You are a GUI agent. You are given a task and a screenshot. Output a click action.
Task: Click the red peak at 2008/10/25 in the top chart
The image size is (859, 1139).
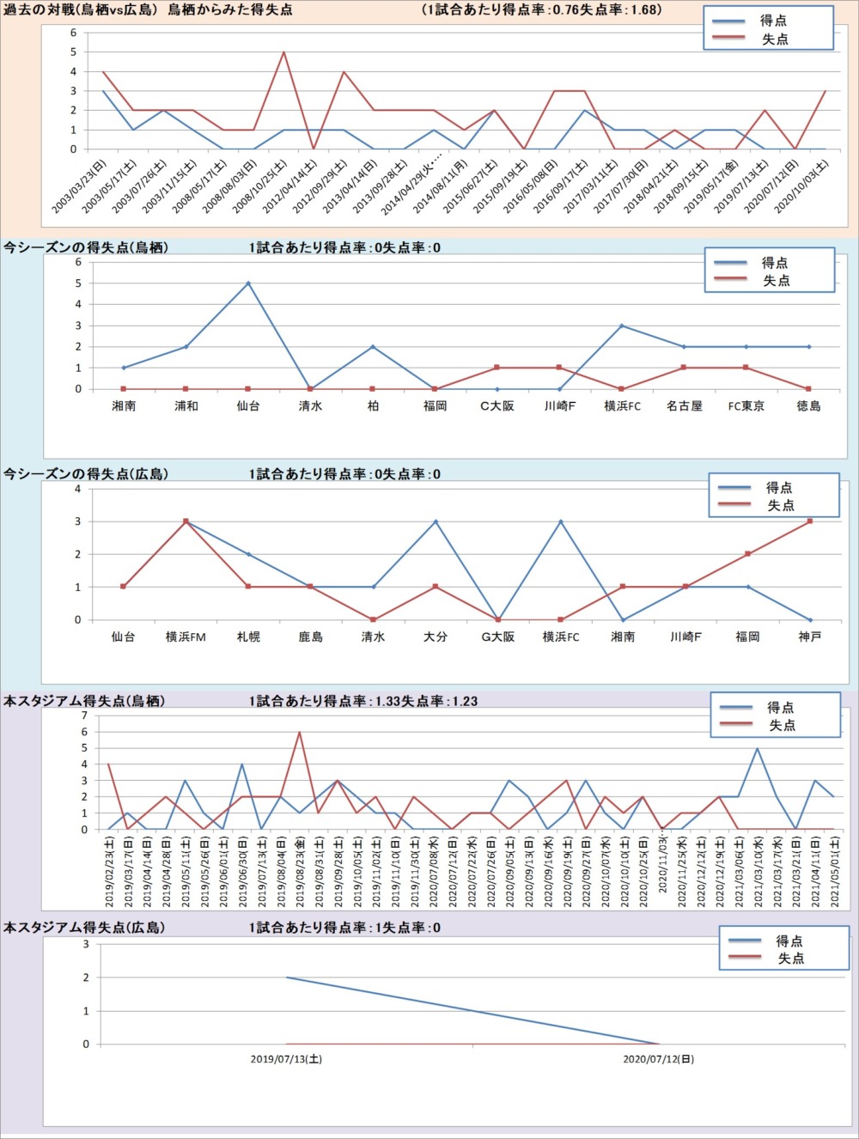[283, 52]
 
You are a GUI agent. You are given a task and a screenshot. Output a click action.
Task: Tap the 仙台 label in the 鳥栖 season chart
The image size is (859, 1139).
[248, 406]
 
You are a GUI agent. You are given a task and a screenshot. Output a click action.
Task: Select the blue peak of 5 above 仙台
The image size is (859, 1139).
[248, 283]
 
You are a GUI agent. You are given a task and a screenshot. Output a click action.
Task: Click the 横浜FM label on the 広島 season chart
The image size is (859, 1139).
[186, 637]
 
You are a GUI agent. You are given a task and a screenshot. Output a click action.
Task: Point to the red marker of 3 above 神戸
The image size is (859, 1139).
[809, 521]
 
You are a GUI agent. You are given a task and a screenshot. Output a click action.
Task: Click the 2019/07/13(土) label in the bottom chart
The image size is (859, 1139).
[286, 1059]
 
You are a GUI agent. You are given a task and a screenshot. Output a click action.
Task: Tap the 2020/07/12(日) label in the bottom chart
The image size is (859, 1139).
[658, 1059]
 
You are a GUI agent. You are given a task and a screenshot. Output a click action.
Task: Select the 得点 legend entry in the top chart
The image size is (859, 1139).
[772, 21]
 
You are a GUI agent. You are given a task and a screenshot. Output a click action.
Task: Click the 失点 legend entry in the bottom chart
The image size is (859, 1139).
[790, 959]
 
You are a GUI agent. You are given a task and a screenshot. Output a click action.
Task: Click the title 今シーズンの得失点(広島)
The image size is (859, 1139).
[86, 474]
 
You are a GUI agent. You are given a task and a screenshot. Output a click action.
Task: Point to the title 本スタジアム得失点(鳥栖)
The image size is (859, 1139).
[84, 701]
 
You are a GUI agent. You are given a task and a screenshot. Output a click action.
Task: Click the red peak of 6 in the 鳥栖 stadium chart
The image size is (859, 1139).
[300, 732]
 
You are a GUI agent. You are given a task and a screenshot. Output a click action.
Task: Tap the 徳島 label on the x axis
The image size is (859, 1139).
[808, 406]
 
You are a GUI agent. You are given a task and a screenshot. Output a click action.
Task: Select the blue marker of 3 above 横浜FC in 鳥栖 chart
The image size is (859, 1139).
[622, 326]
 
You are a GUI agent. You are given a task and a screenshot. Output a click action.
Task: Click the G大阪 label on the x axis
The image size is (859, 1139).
[497, 637]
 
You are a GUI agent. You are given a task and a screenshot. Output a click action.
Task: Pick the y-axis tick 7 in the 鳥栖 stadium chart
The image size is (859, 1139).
[84, 716]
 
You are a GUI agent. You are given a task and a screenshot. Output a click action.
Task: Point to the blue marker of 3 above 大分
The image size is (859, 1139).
[436, 521]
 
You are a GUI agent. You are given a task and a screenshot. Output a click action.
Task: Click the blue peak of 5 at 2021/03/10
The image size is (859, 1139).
[757, 748]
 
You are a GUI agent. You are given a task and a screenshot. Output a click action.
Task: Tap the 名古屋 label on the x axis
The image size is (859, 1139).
[684, 406]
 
